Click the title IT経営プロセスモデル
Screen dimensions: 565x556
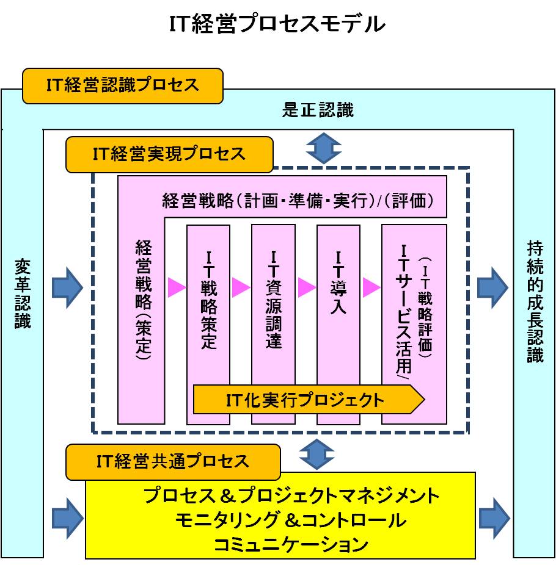coord(277,24)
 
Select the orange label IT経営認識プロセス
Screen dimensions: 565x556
coord(122,85)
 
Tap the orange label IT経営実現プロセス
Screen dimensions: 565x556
coord(169,154)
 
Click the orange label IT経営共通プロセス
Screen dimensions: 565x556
coord(173,461)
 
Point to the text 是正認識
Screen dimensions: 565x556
coord(318,110)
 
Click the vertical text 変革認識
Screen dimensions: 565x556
coord(23,294)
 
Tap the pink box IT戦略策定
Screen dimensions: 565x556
coord(208,299)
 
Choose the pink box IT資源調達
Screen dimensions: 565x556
coord(273,299)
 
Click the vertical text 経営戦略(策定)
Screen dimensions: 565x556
coord(143,299)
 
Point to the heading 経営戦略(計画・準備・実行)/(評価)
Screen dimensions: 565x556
coord(298,201)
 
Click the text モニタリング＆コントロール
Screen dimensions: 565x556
coord(290,520)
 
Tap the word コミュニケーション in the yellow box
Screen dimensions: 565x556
coord(290,543)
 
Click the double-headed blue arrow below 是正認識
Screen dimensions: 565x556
coord(323,148)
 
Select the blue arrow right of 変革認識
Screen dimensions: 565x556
coord(67,287)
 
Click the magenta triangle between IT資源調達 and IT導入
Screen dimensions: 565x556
coord(307,287)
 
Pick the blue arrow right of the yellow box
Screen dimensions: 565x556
coord(494,518)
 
